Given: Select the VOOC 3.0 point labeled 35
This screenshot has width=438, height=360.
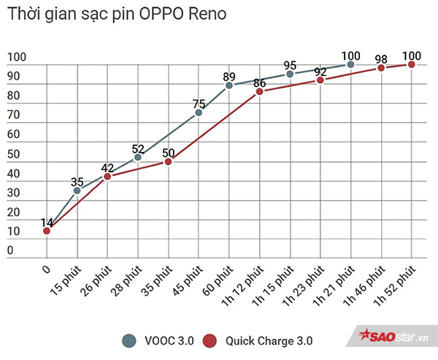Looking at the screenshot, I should coord(77,190).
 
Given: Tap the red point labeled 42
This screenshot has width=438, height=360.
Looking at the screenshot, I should coord(107,176).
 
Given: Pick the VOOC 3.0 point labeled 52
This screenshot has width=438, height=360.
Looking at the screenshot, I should coord(138,157).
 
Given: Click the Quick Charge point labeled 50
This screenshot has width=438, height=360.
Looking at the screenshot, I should coord(169,161).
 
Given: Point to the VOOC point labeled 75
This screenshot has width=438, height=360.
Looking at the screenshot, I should coord(199,112).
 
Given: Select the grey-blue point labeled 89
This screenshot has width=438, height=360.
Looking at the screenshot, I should coord(229,85).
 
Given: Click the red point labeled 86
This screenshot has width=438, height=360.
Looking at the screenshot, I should coord(259,91).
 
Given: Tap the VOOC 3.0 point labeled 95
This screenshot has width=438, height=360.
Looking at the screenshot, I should coord(290,74).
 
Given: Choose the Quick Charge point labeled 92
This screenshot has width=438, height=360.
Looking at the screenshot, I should coord(320,80).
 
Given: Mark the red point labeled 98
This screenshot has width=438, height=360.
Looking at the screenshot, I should coord(381,68).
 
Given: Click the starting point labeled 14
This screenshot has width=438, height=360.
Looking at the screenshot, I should coord(47,231).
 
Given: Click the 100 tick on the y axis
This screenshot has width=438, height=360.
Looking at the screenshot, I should coord(17,58).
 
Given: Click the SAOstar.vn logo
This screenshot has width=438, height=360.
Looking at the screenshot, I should coord(393,336).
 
